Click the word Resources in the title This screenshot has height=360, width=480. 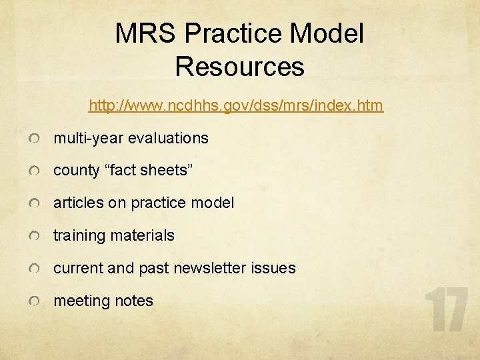click(x=239, y=67)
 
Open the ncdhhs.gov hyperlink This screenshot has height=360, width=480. click(x=236, y=105)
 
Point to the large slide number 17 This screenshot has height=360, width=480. click(x=447, y=310)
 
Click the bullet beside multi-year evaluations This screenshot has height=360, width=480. click(x=34, y=139)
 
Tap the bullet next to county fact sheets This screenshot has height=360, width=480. click(x=34, y=171)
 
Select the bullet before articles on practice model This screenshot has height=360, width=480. click(x=34, y=204)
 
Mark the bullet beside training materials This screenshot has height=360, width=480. click(x=34, y=237)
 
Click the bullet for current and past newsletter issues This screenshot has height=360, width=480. click(x=34, y=269)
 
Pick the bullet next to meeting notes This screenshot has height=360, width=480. click(x=34, y=302)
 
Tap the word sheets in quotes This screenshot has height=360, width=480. click(x=167, y=171)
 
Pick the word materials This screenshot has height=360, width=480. click(x=143, y=236)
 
